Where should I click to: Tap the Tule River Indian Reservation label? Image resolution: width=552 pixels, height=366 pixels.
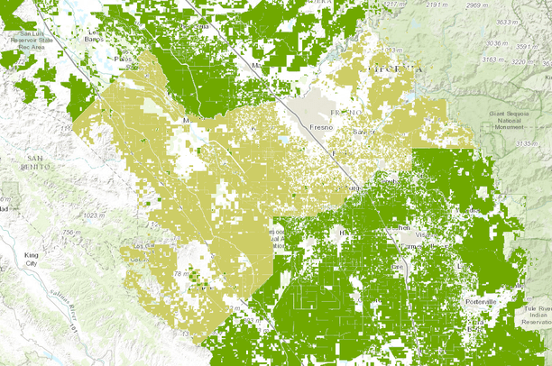(x=533, y=316)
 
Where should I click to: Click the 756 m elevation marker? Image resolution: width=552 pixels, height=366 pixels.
(x=60, y=234)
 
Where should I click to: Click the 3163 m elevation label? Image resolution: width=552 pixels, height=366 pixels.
(x=488, y=61)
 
